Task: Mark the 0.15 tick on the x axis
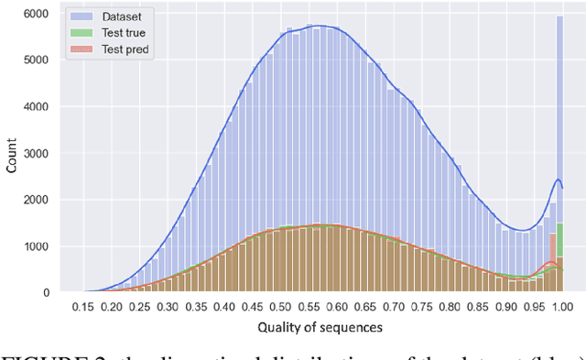tap(84, 307)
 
